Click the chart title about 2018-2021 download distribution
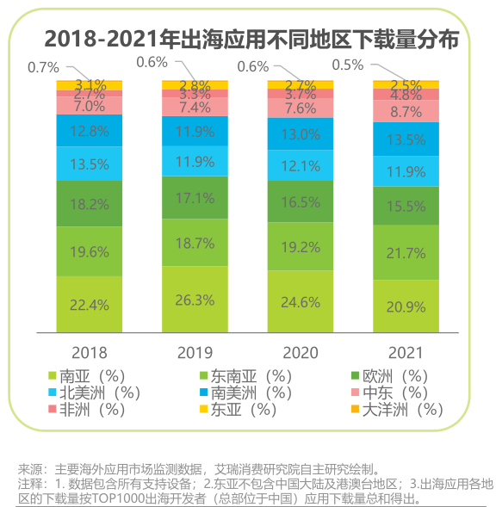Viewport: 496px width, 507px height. coord(251,39)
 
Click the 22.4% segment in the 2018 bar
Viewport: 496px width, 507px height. coord(90,304)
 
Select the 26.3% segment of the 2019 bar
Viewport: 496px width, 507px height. coord(195,300)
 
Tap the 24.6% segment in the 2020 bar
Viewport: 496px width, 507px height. coord(301,302)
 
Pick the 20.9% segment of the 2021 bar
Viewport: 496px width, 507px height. coord(406,306)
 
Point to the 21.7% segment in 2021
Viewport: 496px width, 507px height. coord(406,253)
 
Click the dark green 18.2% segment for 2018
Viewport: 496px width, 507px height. coord(90,205)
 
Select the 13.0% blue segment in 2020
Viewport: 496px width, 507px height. coord(301,134)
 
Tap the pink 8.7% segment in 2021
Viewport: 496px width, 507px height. coord(406,112)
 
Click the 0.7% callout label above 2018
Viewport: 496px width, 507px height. coord(43,66)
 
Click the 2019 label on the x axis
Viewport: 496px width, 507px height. coord(195,353)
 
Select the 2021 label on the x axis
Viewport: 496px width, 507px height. coord(406,353)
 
